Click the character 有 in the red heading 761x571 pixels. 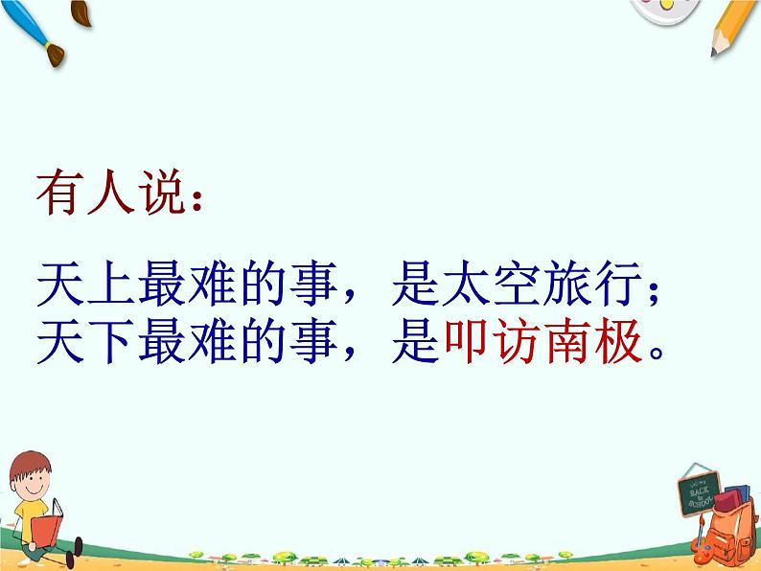(59, 197)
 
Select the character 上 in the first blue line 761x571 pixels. (111, 285)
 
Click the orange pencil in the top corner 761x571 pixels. (734, 24)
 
